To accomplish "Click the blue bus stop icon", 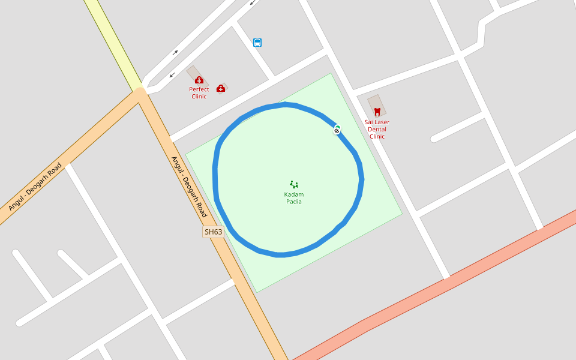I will [257, 43].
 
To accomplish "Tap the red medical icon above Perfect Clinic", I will [199, 80].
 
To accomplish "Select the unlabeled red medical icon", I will [221, 89].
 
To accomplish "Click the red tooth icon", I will [377, 112].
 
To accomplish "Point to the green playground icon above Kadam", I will [294, 184].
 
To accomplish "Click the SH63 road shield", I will [213, 232].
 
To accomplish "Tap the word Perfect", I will [199, 89].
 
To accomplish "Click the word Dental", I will [377, 130].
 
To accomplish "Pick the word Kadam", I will [294, 194].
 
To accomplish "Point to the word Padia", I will [294, 202].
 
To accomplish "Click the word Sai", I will [368, 122].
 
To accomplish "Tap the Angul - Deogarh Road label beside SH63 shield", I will [189, 187].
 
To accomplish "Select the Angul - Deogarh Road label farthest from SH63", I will [35, 187].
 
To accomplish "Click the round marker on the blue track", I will [337, 130].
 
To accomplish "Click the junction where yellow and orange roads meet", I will [140, 92].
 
